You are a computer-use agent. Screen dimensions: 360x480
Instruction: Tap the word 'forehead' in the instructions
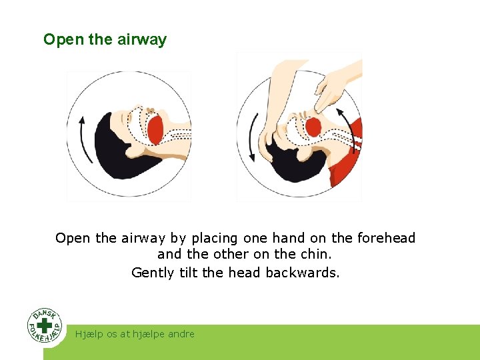click(386, 238)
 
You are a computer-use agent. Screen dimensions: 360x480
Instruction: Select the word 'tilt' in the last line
click(189, 272)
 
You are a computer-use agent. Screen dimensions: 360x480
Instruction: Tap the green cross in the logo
click(45, 325)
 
